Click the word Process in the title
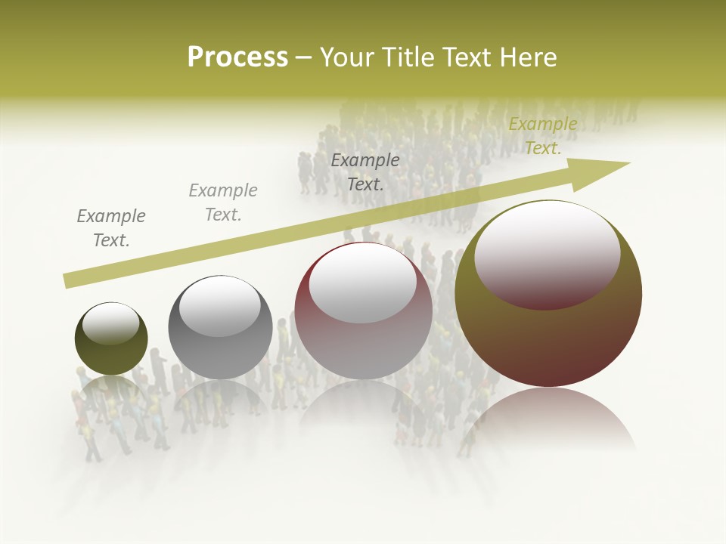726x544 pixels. [x=237, y=57]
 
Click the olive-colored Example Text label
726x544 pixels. [x=542, y=136]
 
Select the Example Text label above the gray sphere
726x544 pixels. [x=223, y=202]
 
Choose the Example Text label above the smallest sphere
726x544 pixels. [x=111, y=228]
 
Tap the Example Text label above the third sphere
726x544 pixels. [x=365, y=172]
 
